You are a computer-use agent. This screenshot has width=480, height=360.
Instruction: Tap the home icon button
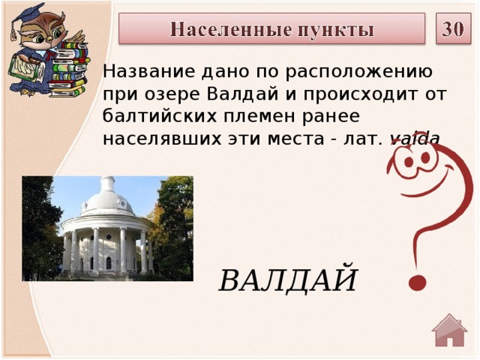click(450, 331)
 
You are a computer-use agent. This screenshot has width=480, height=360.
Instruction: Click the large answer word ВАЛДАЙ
click(288, 280)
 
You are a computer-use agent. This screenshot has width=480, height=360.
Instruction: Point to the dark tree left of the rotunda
click(40, 225)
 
